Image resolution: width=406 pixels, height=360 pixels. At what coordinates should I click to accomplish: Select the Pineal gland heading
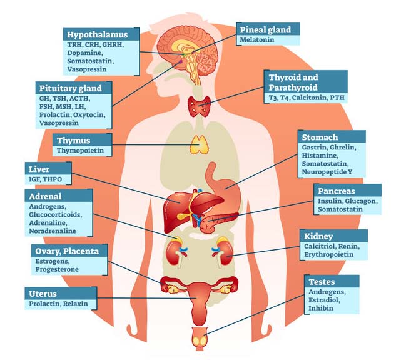264,29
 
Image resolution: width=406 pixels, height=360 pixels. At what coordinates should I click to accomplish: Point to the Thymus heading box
73,139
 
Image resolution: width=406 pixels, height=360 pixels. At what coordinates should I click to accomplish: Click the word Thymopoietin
79,151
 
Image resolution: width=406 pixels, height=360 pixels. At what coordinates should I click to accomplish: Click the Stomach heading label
320,137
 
